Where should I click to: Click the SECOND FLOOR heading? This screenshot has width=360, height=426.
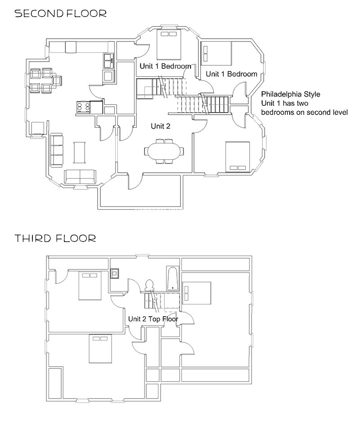[60, 13]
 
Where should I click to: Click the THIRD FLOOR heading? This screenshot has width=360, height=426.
[55, 238]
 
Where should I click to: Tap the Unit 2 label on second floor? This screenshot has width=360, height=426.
[161, 126]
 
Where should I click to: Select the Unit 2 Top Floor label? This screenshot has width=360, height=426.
[153, 319]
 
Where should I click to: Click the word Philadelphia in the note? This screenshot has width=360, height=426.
[281, 94]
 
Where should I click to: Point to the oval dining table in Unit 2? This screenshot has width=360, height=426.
[164, 151]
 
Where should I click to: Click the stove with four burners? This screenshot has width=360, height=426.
[83, 107]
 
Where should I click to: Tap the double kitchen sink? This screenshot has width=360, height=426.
[109, 60]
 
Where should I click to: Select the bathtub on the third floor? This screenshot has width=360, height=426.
[172, 278]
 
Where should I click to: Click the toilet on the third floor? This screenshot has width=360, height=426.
[149, 285]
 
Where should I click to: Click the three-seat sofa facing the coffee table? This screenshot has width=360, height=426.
[57, 150]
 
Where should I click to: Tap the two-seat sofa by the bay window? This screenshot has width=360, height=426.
[80, 177]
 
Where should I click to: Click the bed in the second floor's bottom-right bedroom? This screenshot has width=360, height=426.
[238, 157]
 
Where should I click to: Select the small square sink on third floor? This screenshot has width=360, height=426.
[115, 274]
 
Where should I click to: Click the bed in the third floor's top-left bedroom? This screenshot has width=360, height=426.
[90, 286]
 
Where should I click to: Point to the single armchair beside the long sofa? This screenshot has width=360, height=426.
[37, 129]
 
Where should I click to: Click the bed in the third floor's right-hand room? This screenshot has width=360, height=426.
[197, 293]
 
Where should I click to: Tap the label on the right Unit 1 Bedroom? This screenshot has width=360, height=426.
[231, 74]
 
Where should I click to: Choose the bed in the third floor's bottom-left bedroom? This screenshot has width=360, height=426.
[100, 349]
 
